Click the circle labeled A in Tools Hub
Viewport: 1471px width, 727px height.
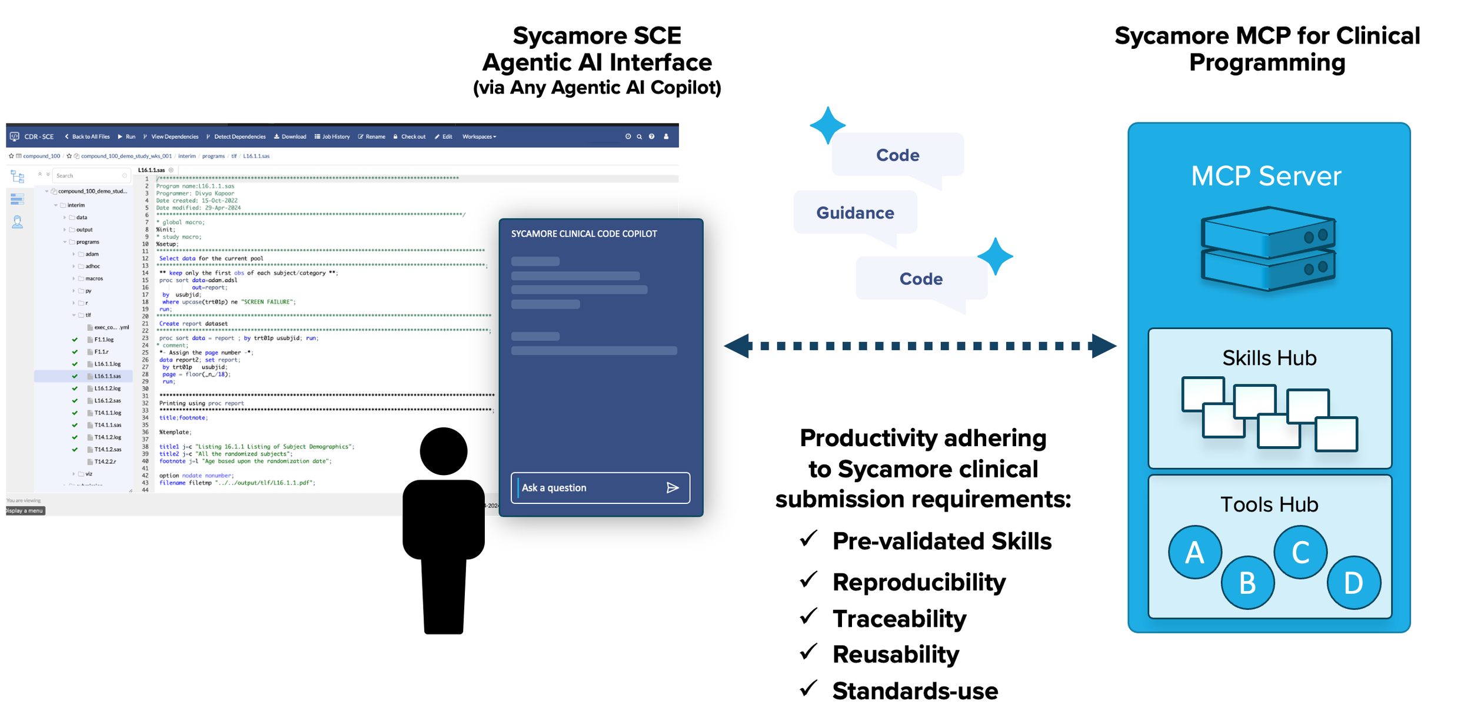(1194, 552)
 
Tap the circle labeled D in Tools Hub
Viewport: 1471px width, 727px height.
(1353, 583)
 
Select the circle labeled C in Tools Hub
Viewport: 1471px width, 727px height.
(1300, 552)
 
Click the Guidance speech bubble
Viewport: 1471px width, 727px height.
(855, 213)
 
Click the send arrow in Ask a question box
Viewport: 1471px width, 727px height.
(673, 487)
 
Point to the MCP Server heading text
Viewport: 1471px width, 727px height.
(1266, 176)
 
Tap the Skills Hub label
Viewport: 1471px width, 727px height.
(1269, 358)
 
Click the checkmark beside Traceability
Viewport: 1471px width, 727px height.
(809, 616)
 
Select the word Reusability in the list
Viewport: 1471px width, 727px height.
(896, 654)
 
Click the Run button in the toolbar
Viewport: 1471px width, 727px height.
(127, 137)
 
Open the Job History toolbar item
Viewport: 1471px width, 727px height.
(332, 137)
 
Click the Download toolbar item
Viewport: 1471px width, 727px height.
(291, 137)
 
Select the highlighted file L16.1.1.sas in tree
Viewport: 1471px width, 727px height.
(108, 376)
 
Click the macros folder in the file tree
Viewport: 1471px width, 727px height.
(94, 278)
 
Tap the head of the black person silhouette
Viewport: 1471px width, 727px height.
(443, 452)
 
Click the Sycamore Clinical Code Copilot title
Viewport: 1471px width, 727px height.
(584, 234)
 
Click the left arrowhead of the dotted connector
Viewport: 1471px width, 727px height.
(738, 346)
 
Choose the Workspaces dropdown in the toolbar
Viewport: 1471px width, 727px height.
(479, 137)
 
